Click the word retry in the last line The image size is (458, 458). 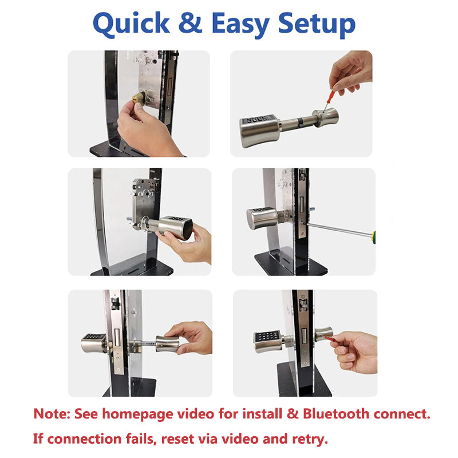[x=309, y=439]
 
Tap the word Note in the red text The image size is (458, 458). [x=51, y=413]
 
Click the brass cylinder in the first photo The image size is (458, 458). [x=139, y=98]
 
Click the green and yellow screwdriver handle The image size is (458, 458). [x=373, y=235]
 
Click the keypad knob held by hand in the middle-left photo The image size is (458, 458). [x=176, y=227]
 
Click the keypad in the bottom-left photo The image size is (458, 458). [x=93, y=337]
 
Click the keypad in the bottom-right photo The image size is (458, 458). [x=266, y=336]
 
